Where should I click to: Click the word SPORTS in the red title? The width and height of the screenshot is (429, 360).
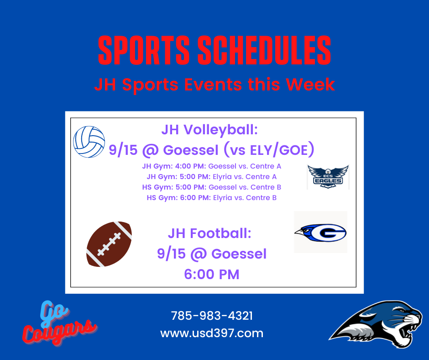(x=144, y=50)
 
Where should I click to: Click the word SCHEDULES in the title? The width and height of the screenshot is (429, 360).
(x=264, y=50)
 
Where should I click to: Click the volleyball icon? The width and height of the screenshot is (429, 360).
(x=89, y=142)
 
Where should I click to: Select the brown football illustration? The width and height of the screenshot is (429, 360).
(x=109, y=244)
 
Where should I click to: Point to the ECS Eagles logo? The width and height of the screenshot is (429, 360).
(x=328, y=177)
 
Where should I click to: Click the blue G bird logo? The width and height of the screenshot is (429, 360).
(x=320, y=233)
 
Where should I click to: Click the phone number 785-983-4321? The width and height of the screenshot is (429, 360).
(x=212, y=316)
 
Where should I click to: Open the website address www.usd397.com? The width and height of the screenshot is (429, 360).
(x=212, y=334)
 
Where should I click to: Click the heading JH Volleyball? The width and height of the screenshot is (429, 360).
(x=209, y=130)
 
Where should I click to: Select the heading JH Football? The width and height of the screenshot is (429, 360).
(x=209, y=233)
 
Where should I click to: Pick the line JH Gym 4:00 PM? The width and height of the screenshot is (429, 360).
(x=211, y=166)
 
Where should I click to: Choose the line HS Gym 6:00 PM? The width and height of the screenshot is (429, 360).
(x=211, y=198)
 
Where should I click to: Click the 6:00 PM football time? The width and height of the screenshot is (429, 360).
(x=211, y=274)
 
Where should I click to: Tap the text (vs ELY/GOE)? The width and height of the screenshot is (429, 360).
(x=269, y=150)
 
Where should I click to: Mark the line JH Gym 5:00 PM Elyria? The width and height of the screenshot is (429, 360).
(x=211, y=177)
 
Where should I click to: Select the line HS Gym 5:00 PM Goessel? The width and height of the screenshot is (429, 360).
(x=211, y=187)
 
